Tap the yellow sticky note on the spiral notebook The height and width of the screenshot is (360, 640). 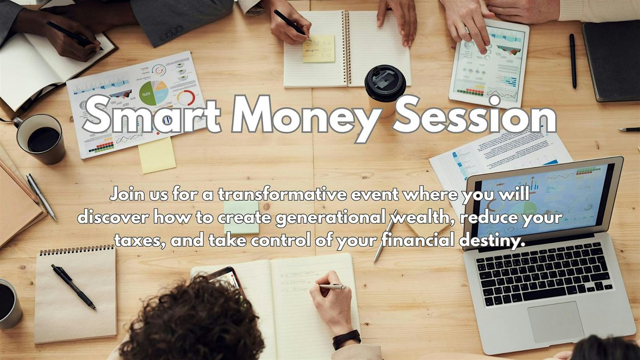coord(318,49)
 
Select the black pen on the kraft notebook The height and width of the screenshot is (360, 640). coord(74,286)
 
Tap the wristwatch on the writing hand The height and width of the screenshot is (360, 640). coord(347,339)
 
